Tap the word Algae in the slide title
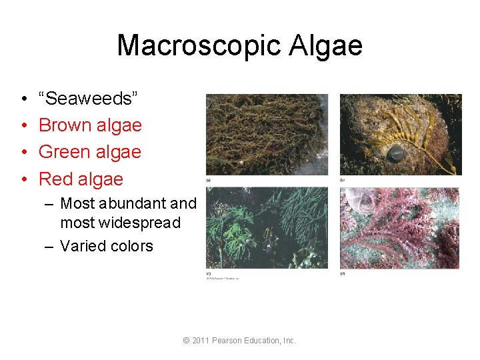point(329,46)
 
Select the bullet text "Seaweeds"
point(89,99)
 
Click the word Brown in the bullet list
point(64,125)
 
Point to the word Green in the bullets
point(65,152)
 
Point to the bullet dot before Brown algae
point(23,126)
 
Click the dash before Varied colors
point(49,246)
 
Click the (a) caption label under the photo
point(209,180)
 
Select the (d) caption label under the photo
point(343,273)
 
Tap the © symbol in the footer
point(187,341)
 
